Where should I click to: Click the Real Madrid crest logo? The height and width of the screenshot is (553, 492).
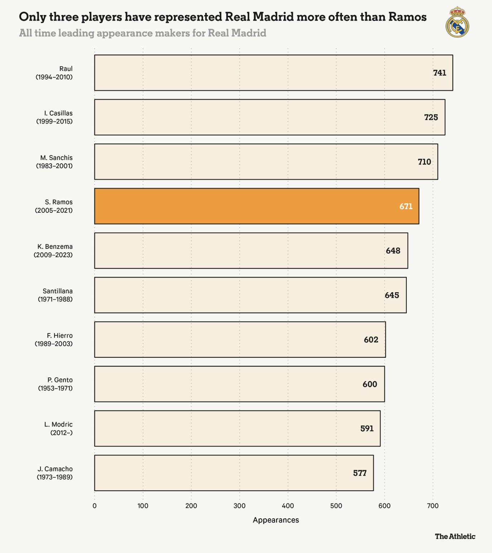point(457,23)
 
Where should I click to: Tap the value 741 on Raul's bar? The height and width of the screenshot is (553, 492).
point(440,73)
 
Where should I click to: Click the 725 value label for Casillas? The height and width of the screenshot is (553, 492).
point(431,117)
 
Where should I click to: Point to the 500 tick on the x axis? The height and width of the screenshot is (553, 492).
point(336,506)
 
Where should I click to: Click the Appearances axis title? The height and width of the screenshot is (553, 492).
point(276,520)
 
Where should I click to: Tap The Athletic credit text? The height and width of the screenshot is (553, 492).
point(455,536)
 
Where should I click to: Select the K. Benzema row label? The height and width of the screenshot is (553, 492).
point(54,251)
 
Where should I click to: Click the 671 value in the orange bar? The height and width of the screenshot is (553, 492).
point(406,206)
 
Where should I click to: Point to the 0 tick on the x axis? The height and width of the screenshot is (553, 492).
point(95,506)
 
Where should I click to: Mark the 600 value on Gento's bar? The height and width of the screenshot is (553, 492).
point(370,384)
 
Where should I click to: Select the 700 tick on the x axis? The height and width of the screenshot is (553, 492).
point(433,506)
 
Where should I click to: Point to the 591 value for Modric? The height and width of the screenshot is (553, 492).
point(367,429)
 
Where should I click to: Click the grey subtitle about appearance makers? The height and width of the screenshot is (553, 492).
point(143,33)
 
